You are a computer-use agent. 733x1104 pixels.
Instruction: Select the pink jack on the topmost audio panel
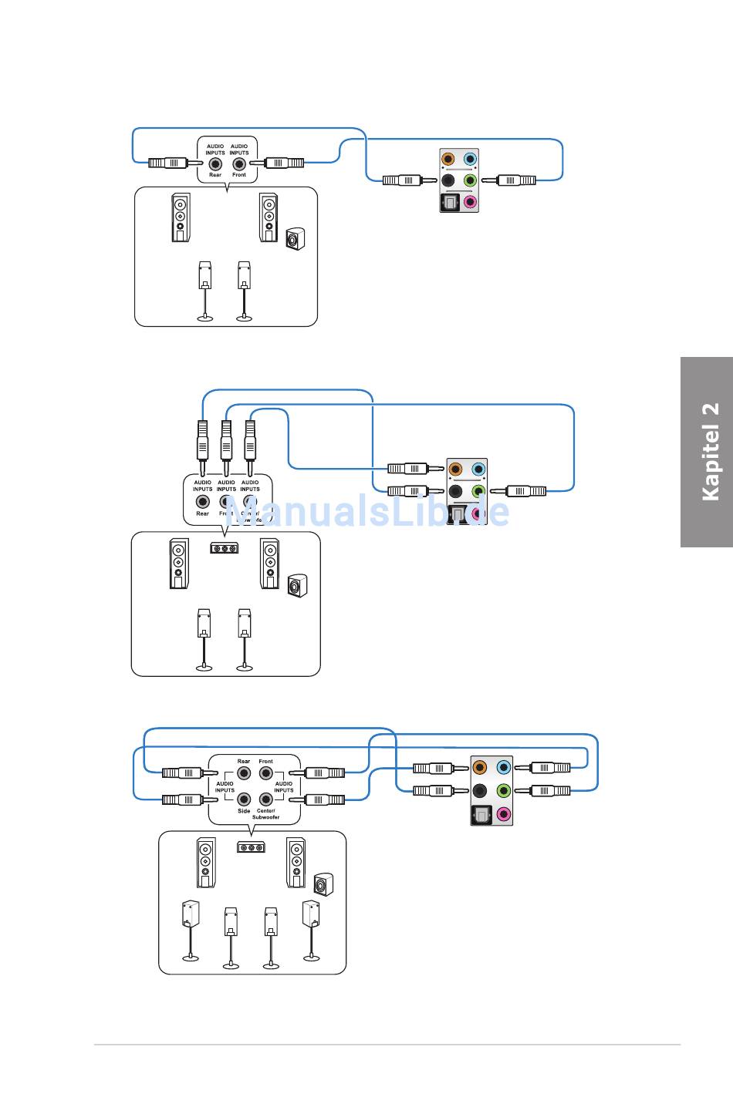[x=470, y=203]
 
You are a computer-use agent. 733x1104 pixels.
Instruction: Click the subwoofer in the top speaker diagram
[x=294, y=240]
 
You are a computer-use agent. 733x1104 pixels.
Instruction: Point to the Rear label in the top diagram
[x=215, y=175]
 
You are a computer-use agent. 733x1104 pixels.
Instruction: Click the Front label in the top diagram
[x=239, y=175]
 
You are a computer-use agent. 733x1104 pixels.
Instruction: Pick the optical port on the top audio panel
[x=449, y=203]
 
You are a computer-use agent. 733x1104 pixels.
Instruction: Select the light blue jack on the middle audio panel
[x=478, y=469]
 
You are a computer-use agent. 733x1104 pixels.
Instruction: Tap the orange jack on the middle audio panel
[x=456, y=469]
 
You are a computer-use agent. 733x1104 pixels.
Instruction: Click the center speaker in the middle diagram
[x=224, y=548]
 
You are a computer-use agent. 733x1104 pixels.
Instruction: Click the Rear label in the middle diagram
[x=202, y=513]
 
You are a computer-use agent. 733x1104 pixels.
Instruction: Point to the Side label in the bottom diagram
[x=244, y=811]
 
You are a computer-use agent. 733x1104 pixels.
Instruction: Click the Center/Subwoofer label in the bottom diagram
[x=266, y=814]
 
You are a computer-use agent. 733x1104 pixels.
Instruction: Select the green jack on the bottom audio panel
[x=504, y=790]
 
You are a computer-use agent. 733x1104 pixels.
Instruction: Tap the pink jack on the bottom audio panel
[x=504, y=813]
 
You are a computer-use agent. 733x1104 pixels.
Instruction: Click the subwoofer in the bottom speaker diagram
[x=323, y=884]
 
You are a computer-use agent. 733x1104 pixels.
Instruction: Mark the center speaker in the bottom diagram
[x=250, y=847]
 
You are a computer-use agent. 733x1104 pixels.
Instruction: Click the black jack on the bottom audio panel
[x=480, y=790]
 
